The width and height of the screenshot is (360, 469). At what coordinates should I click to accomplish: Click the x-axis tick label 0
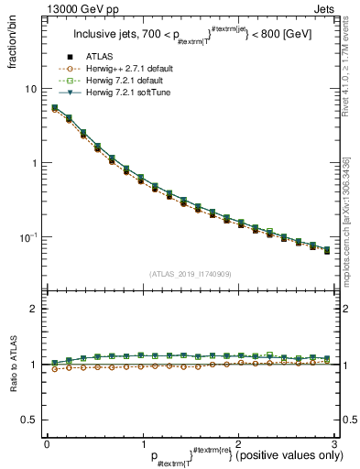(x=47, y=443)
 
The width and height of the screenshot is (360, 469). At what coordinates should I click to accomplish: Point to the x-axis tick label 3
(x=334, y=443)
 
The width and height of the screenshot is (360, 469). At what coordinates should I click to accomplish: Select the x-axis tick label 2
(x=238, y=443)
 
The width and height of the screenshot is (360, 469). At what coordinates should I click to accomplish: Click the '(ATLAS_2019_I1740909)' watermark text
(x=190, y=273)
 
